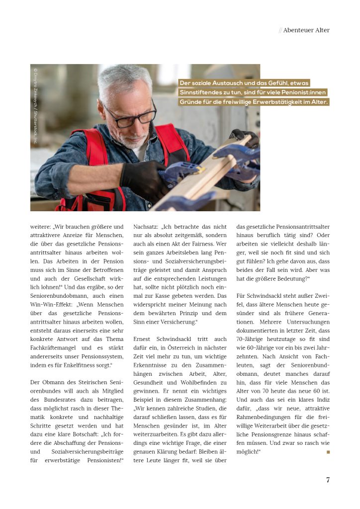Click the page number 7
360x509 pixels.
[327, 480]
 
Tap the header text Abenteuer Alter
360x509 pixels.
[306, 30]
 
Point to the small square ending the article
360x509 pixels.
[328, 452]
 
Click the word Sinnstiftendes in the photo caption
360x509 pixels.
[204, 93]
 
